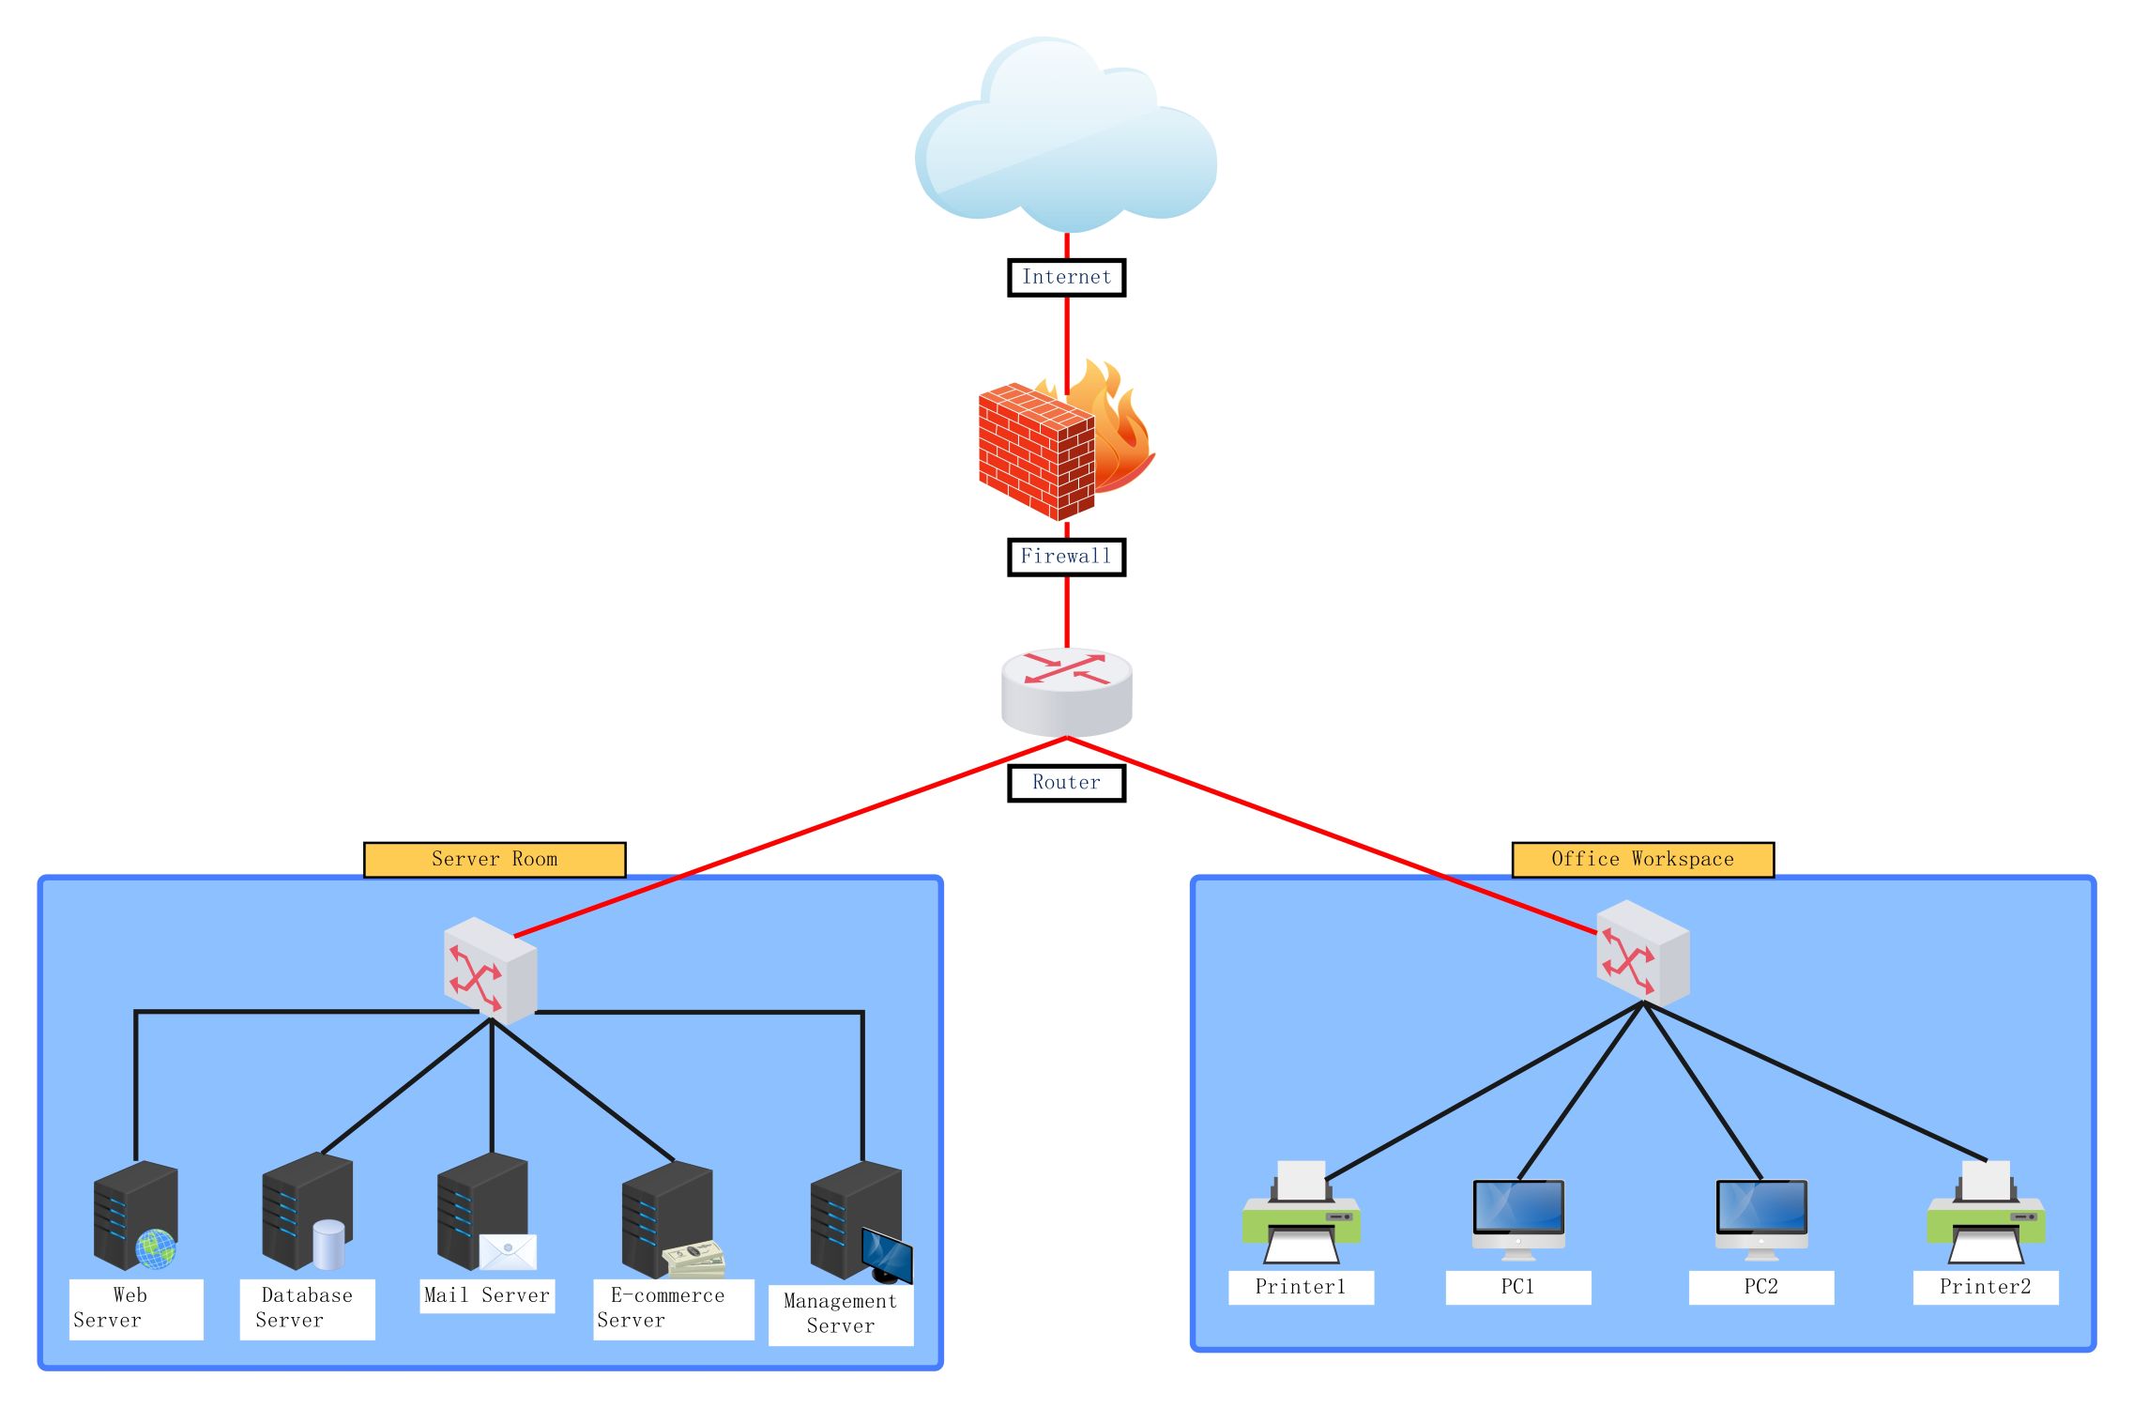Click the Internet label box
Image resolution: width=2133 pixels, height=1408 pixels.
pos(1066,278)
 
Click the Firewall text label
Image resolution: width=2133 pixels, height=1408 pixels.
pos(1066,557)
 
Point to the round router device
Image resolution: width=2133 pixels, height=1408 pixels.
pos(1066,692)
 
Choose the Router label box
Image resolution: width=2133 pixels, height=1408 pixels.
pos(1066,783)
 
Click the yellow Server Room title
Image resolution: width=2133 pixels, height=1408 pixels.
pos(495,860)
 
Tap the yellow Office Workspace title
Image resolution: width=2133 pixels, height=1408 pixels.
pos(1642,860)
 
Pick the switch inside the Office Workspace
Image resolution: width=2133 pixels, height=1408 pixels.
pos(1642,953)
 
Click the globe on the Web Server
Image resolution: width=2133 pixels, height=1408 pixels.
pos(155,1248)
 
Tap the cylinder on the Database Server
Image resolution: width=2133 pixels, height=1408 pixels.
pos(328,1244)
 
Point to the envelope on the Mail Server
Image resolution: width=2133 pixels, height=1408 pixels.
pos(508,1251)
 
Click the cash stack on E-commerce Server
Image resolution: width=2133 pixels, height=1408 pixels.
pos(693,1261)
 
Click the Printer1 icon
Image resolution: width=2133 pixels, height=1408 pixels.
pos(1301,1214)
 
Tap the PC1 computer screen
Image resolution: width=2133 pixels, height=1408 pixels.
pos(1518,1206)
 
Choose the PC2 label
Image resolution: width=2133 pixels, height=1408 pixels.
pos(1760,1287)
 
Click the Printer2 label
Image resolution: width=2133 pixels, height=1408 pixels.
pos(1986,1287)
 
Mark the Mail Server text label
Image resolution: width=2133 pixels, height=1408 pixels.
pos(487,1296)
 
